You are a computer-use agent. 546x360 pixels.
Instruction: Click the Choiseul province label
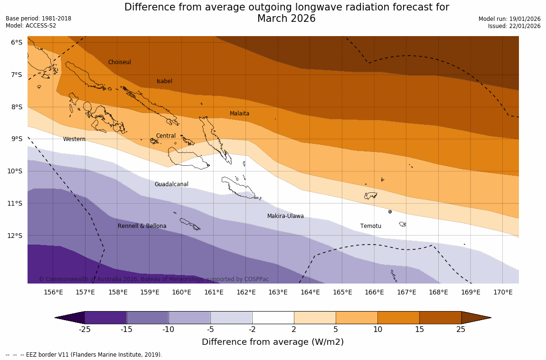click(x=119, y=62)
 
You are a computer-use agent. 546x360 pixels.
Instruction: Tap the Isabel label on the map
click(x=164, y=81)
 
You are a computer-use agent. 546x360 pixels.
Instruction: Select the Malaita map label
click(x=239, y=114)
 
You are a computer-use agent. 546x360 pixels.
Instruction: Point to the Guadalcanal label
click(x=171, y=184)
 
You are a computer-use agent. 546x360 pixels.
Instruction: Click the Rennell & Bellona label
click(x=142, y=226)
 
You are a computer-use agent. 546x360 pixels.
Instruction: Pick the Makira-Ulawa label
click(x=285, y=216)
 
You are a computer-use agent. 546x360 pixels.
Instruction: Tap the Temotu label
click(x=370, y=226)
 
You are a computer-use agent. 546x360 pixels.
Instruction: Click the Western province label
click(x=74, y=139)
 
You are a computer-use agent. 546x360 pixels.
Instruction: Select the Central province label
click(x=166, y=136)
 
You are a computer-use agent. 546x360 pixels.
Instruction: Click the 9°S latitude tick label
click(x=17, y=139)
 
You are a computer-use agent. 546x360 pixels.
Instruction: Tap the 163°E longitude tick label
click(x=278, y=292)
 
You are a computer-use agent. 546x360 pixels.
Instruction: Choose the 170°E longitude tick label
click(x=503, y=292)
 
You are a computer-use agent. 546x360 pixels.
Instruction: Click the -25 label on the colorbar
click(x=85, y=329)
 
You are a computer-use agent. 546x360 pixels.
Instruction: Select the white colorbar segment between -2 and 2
click(x=273, y=318)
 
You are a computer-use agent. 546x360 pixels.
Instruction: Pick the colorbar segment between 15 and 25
click(x=440, y=318)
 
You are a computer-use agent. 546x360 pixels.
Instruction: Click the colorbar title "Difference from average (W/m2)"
click(x=273, y=342)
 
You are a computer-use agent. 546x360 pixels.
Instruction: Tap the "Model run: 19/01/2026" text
click(x=509, y=19)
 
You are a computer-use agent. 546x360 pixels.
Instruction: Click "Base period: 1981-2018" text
click(x=38, y=19)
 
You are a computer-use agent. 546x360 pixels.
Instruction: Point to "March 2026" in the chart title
click(x=286, y=19)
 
